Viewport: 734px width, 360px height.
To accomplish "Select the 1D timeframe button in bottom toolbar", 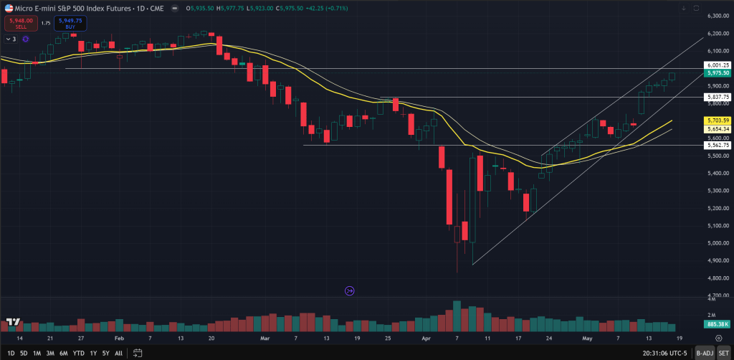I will coord(11,353).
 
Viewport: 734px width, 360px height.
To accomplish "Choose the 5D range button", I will coord(24,353).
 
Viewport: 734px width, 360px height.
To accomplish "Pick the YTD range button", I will coord(79,353).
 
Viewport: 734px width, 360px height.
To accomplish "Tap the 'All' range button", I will coord(118,353).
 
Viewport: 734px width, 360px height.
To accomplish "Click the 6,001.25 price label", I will coord(717,65).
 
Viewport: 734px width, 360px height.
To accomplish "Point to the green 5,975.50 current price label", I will coord(717,72).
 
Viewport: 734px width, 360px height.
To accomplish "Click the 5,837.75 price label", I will coord(717,97).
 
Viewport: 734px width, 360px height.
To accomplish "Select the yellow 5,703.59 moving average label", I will coord(717,120).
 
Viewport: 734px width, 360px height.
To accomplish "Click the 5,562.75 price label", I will coord(717,145).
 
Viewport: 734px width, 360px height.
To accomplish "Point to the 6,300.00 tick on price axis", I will coord(717,16).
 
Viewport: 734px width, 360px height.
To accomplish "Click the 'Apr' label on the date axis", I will coord(426,337).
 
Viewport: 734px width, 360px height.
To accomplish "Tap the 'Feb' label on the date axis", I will coord(119,337).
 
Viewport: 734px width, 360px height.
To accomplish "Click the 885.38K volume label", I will coord(717,323).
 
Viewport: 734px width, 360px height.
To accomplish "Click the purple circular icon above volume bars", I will coord(350,290).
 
